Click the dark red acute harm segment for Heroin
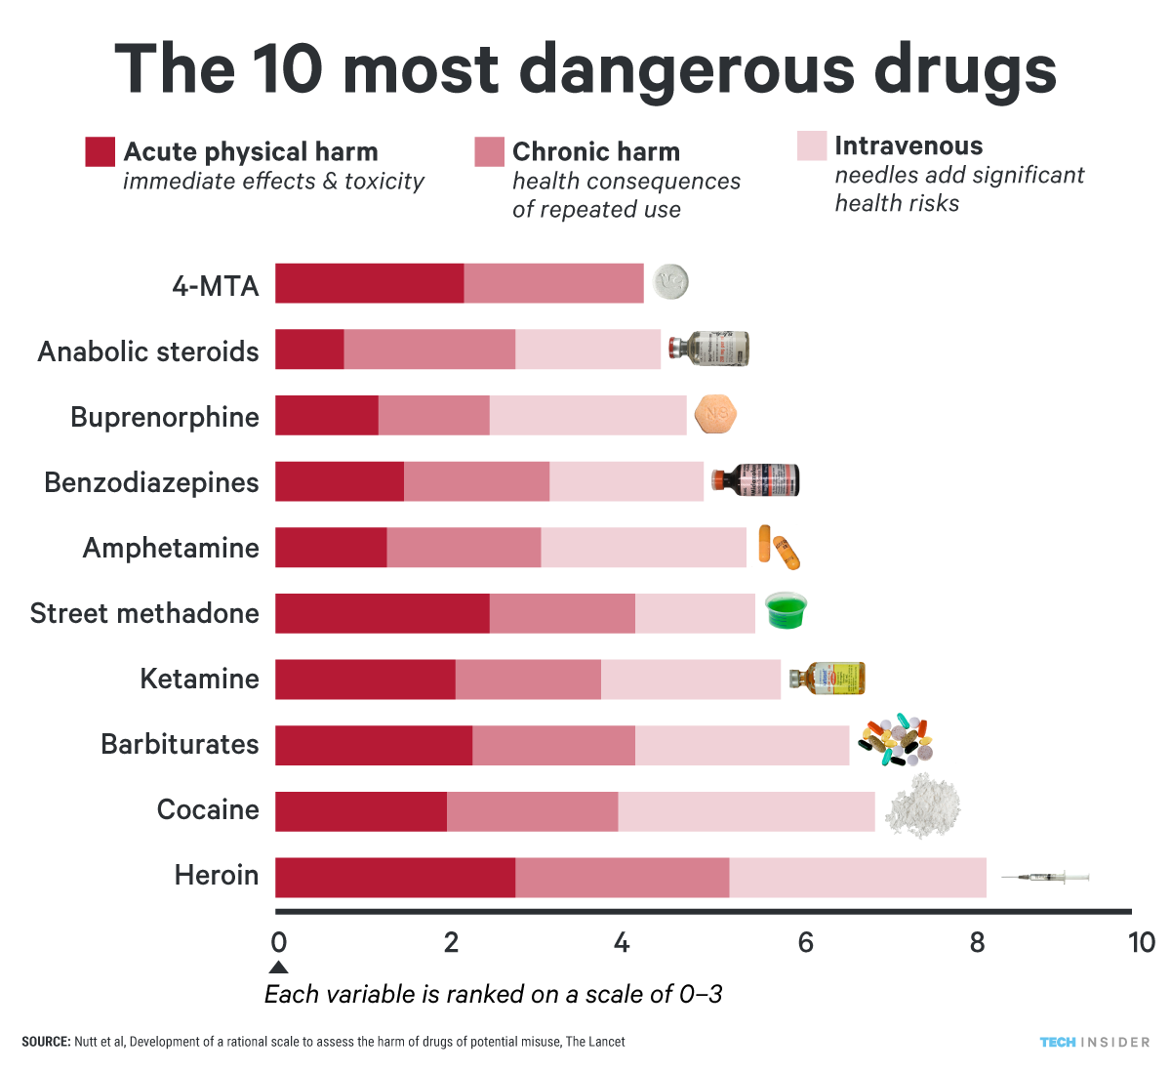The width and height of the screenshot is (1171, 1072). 394,877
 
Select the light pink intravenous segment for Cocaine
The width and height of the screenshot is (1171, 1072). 747,811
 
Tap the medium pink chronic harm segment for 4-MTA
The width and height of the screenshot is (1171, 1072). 553,283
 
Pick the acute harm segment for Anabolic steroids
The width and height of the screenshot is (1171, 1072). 309,350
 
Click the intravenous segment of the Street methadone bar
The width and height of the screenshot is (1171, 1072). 695,613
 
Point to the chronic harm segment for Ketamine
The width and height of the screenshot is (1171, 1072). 528,680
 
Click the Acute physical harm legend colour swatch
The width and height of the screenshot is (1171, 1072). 101,152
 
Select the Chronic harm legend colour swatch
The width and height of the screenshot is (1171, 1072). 489,152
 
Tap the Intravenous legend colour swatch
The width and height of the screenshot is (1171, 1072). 812,146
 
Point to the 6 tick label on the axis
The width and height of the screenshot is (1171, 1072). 806,942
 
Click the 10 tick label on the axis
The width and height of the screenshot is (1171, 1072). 1141,942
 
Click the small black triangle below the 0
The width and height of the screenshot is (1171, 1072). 278,968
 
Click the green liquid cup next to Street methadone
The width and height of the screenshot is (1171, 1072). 786,611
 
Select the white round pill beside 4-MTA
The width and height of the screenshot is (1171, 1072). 670,282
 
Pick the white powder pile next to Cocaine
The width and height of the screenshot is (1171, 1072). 922,807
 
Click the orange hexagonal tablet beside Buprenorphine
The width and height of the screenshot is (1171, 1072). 715,415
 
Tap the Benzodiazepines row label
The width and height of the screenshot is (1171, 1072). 151,482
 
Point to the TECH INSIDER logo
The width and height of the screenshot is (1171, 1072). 1094,1043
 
